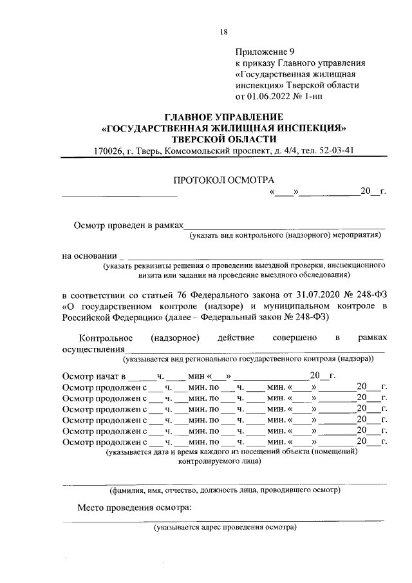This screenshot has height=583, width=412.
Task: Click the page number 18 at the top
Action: pos(223,32)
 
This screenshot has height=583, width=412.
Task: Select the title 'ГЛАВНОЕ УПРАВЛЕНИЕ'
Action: pos(223,117)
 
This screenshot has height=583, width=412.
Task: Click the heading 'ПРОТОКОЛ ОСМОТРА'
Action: pos(223,180)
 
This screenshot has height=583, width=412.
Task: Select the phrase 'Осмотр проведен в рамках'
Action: pos(128,225)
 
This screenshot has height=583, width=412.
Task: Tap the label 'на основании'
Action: pos(89,256)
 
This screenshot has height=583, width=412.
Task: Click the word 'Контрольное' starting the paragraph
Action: pos(106,338)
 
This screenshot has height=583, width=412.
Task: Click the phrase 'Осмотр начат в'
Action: pos(92,376)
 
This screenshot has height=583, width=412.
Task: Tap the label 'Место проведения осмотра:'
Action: pos(135,508)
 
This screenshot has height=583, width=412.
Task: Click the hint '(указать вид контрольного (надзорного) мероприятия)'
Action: pos(285,236)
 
